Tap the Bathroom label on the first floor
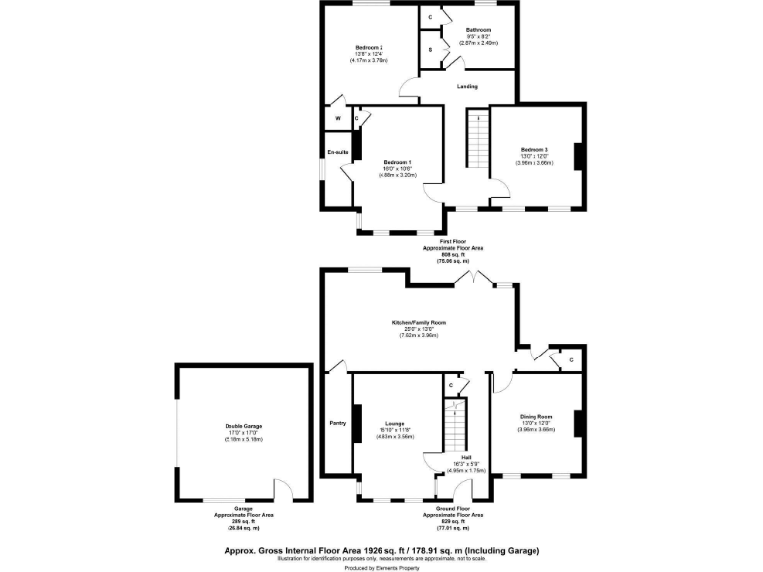point(477,31)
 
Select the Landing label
point(467,87)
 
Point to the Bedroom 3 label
point(534,149)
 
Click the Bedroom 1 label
point(396,162)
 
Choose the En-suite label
point(338,152)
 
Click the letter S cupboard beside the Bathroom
point(430,48)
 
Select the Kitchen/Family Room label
point(417,323)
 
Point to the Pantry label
point(337,423)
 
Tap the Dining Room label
point(536,416)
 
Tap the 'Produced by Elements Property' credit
point(381,568)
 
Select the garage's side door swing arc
point(282,491)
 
